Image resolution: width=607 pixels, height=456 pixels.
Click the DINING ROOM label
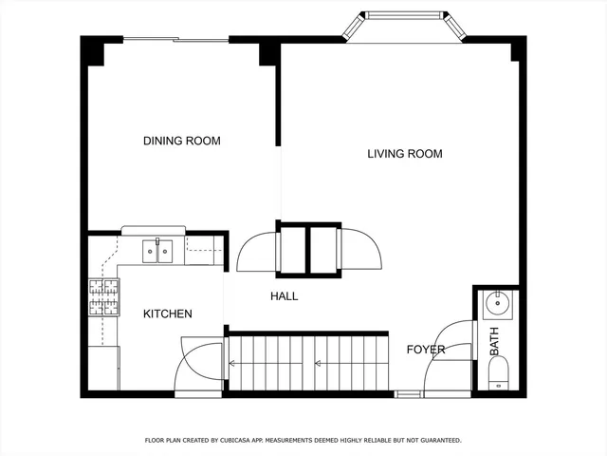pyautogui.click(x=181, y=141)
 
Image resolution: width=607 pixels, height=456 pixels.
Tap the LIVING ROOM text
pyautogui.click(x=404, y=153)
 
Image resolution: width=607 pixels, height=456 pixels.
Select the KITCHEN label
pyautogui.click(x=168, y=313)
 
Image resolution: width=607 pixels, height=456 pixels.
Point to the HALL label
pyautogui.click(x=284, y=296)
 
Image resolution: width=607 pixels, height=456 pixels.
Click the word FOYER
pyautogui.click(x=426, y=350)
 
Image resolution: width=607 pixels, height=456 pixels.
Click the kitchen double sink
pyautogui.click(x=156, y=251)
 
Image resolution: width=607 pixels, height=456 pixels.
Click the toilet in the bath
pyautogui.click(x=498, y=374)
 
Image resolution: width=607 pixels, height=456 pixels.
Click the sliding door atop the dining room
pyautogui.click(x=175, y=39)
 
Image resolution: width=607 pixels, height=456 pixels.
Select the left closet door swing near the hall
pyautogui.click(x=257, y=252)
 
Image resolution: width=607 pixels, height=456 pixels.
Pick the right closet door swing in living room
pyautogui.click(x=361, y=250)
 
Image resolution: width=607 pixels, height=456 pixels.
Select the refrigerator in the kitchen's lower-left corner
pyautogui.click(x=103, y=368)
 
